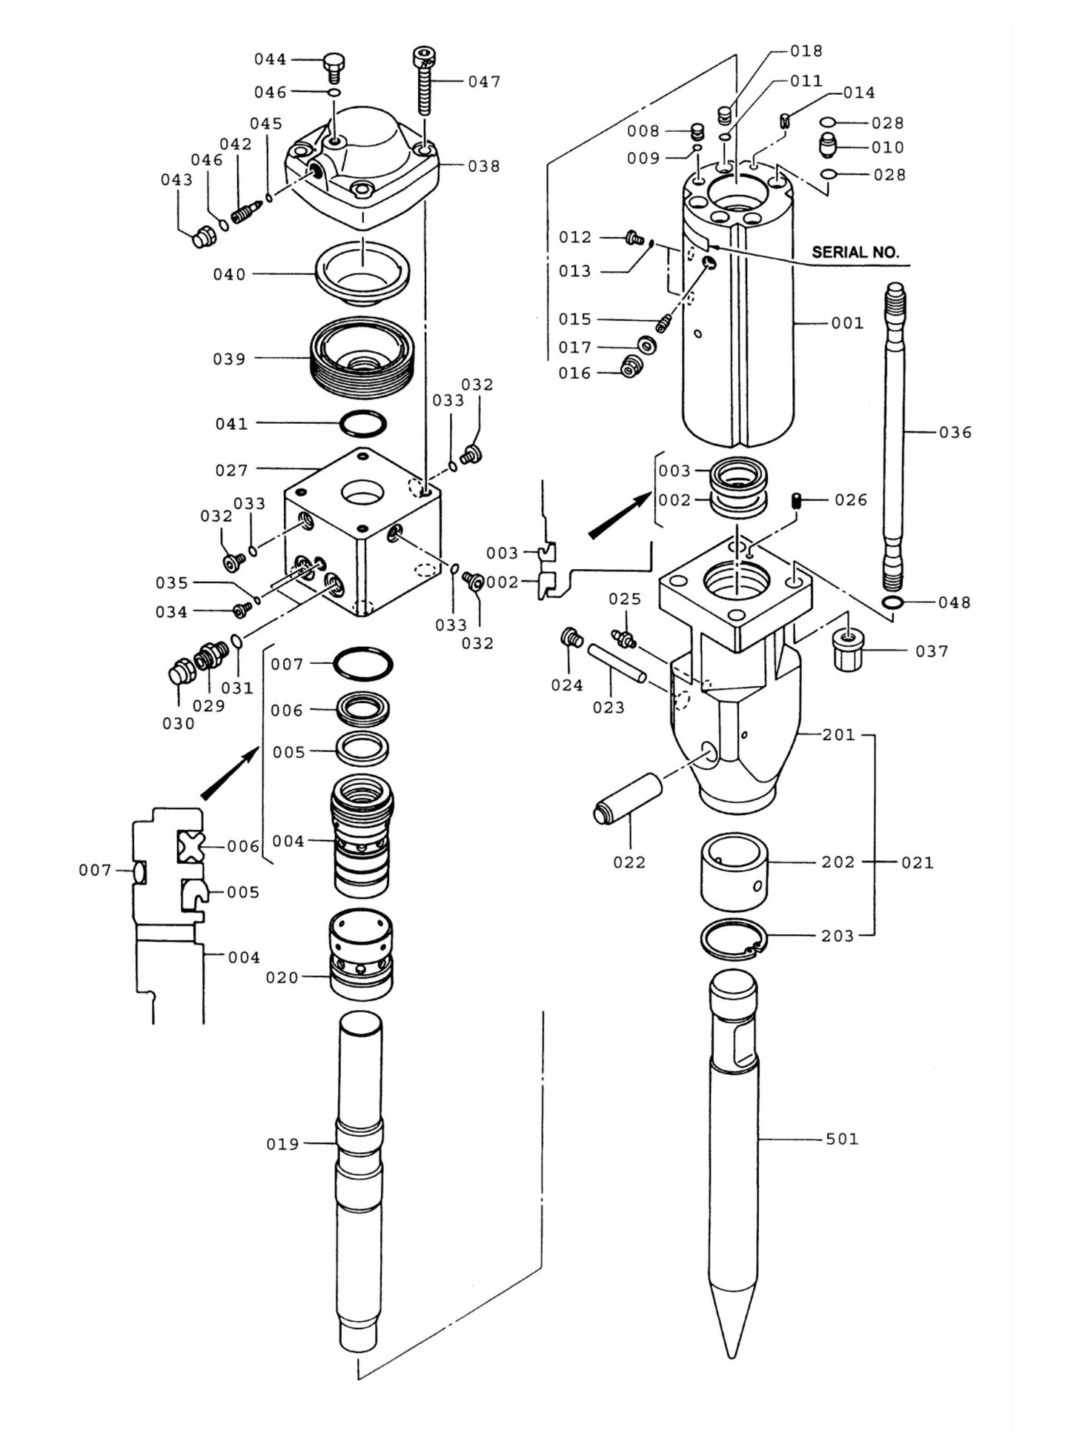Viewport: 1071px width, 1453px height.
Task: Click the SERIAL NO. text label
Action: click(x=855, y=252)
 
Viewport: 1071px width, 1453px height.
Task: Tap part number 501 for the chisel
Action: click(x=842, y=1138)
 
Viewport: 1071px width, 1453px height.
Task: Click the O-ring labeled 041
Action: click(x=363, y=424)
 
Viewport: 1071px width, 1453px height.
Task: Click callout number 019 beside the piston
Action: click(x=282, y=1144)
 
